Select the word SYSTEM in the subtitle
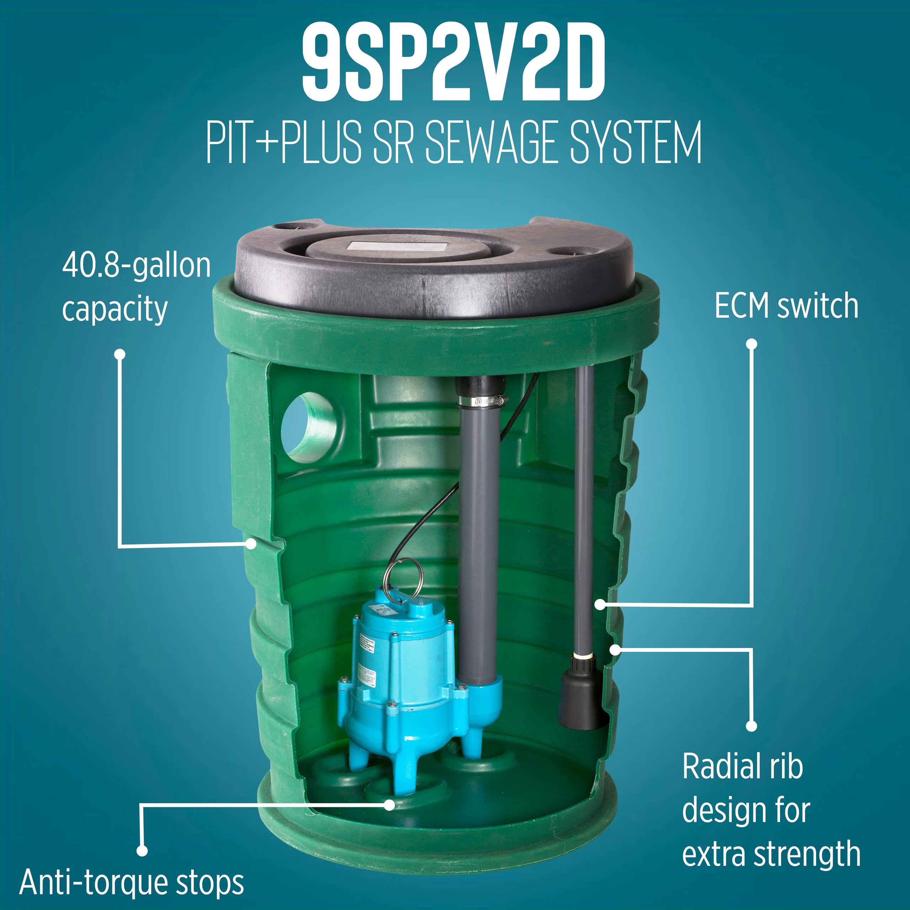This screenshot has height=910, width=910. pos(636,142)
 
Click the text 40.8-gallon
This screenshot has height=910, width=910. pos(136,266)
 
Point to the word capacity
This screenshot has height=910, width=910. pos(115,310)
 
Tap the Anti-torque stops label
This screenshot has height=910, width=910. pos(132,882)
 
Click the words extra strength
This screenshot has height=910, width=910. pos(771,854)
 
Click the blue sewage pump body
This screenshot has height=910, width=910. pos(400,669)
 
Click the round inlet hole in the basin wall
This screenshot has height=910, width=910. pos(309,428)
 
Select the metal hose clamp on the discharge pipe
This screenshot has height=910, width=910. pos(481,401)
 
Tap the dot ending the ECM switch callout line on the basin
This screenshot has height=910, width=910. pos(600,604)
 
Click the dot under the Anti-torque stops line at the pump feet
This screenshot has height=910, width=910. pos(389,805)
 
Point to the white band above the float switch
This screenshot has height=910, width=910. pos(583,655)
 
